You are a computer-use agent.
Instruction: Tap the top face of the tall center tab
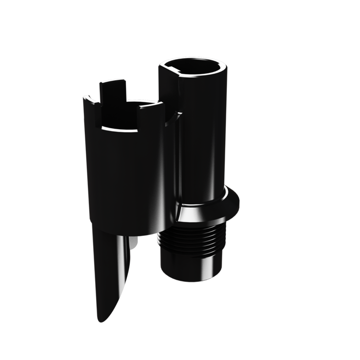tap(112, 82)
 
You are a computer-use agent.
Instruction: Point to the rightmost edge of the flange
tap(239, 202)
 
